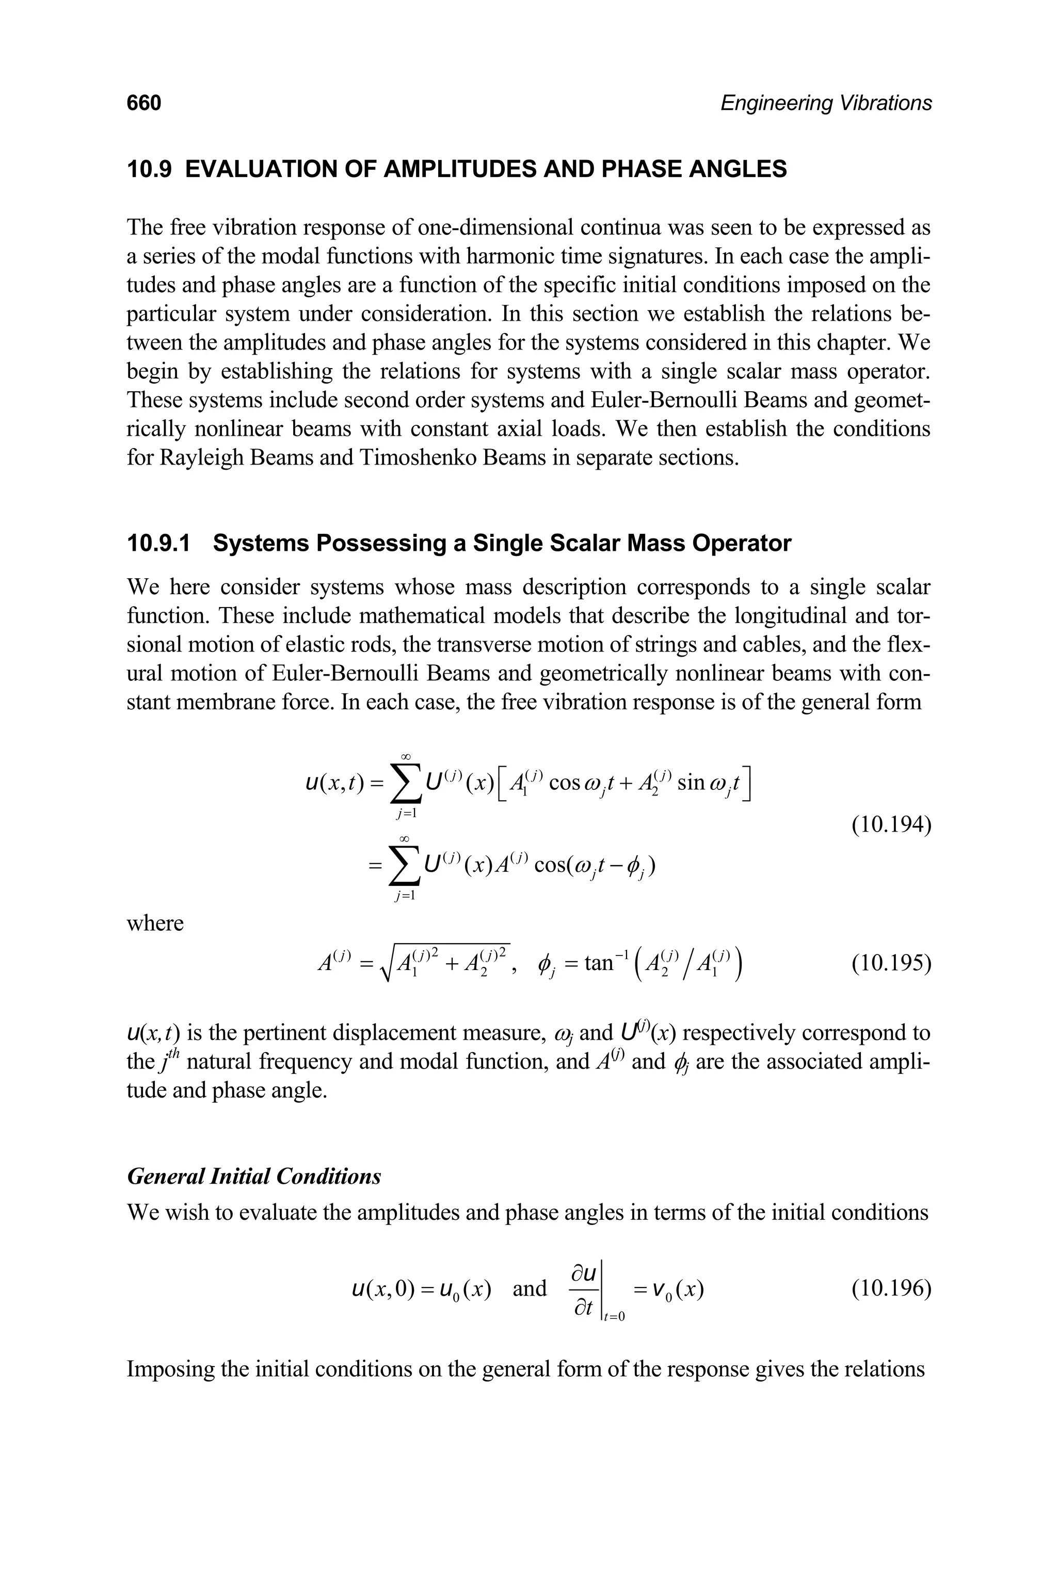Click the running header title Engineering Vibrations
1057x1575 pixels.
pyautogui.click(x=826, y=103)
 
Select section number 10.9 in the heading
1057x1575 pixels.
pyautogui.click(x=150, y=169)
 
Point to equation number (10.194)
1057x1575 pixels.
pyautogui.click(x=891, y=824)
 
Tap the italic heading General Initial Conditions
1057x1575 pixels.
pyautogui.click(x=254, y=1176)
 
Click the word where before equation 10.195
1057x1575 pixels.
pyautogui.click(x=155, y=922)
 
